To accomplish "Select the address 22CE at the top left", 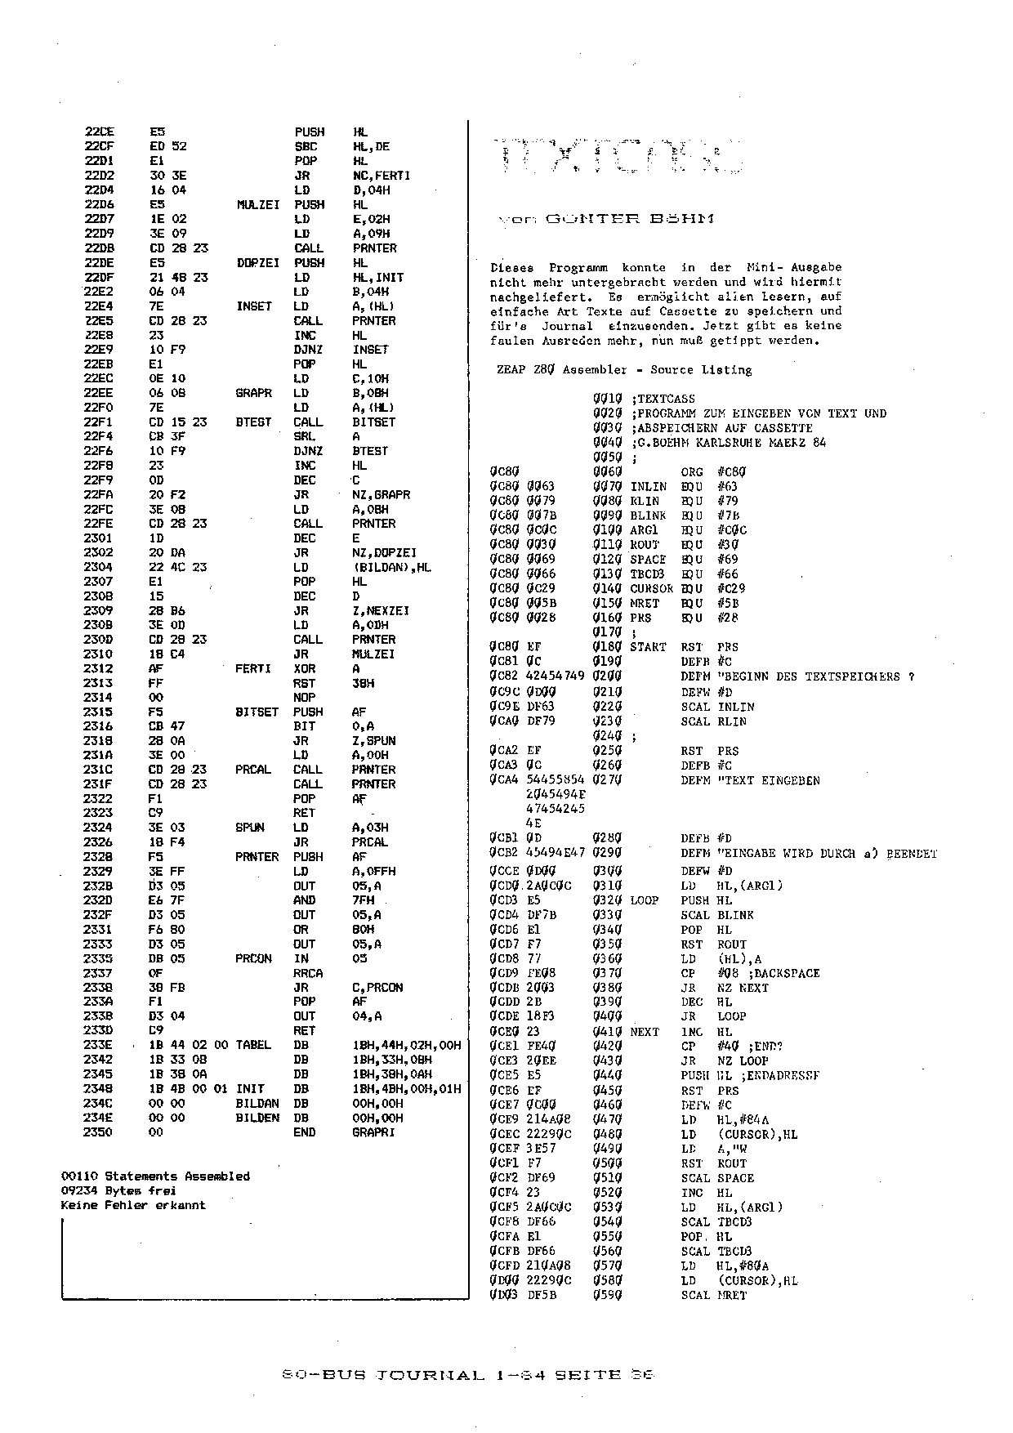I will (100, 132).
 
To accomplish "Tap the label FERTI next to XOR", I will (252, 669).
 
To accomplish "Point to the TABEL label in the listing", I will (252, 1046).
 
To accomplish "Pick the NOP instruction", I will (303, 698).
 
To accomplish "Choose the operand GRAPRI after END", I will (373, 1132).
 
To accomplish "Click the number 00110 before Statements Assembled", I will (78, 1176).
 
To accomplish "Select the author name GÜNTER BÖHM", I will (628, 219).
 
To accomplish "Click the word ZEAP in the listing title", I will (511, 370).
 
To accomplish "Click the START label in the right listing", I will (648, 647).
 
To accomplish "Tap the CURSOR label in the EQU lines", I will (652, 588).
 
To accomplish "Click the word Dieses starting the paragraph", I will (511, 268).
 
